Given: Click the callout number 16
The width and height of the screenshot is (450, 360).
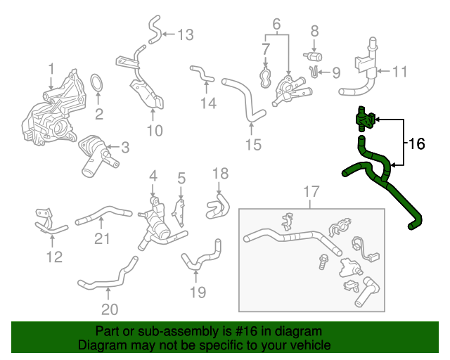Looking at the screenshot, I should click(x=417, y=144).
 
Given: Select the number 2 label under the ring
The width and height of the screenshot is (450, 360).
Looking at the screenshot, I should click(x=99, y=114).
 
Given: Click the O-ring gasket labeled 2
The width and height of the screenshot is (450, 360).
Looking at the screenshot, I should click(x=98, y=85).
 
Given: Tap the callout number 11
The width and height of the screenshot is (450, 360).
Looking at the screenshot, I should click(x=400, y=71).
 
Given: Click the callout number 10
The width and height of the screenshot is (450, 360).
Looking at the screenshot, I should click(x=154, y=130).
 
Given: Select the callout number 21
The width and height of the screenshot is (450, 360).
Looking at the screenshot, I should click(x=103, y=239).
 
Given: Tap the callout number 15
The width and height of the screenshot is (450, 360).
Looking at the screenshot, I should click(x=252, y=145).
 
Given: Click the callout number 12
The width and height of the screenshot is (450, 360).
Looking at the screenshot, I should click(x=54, y=257).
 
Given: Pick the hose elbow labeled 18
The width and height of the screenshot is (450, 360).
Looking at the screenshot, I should click(x=218, y=205).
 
